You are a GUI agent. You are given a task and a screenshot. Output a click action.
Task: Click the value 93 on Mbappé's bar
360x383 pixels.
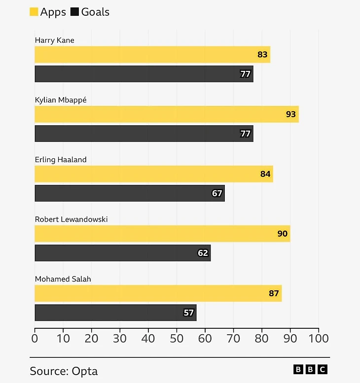[291, 114]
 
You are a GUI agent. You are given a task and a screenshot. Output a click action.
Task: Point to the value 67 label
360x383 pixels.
[217, 193]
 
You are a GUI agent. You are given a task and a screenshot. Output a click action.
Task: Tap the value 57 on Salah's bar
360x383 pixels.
[189, 313]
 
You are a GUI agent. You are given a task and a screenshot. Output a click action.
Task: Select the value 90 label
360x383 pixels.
[283, 234]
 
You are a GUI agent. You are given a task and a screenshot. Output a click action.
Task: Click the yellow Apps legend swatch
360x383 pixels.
[34, 12]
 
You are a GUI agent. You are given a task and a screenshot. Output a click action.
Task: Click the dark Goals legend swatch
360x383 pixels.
[75, 12]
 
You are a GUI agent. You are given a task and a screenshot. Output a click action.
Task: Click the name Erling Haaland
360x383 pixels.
[61, 160]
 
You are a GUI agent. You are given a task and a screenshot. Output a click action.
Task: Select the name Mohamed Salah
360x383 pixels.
[63, 279]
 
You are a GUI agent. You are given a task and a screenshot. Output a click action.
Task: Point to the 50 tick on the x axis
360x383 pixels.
[177, 339]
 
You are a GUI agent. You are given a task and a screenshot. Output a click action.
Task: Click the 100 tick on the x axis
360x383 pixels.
[319, 339]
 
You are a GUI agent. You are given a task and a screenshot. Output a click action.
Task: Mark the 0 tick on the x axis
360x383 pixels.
[35, 339]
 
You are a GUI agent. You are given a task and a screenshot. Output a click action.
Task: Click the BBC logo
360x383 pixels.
[310, 369]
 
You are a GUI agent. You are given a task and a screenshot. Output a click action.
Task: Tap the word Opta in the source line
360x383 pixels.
[84, 371]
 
